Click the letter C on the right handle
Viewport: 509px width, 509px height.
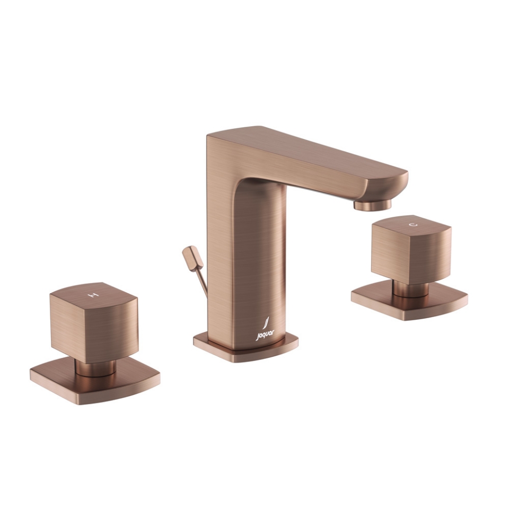(413, 225)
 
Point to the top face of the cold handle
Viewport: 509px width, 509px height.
(411, 225)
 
